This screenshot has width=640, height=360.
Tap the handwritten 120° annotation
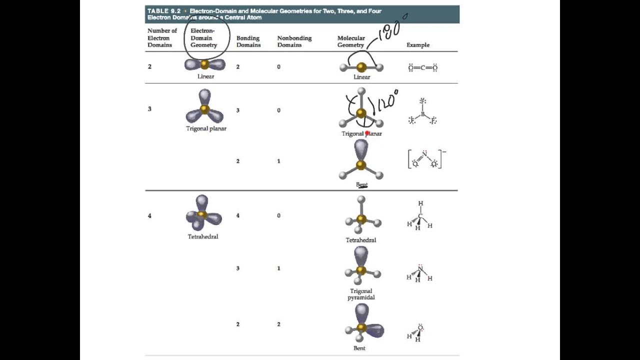[387, 101]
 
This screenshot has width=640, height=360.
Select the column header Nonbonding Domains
[294, 41]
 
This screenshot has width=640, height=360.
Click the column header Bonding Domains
[248, 41]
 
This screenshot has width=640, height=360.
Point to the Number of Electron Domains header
[162, 38]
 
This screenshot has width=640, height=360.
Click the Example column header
[417, 45]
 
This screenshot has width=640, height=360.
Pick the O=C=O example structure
[422, 68]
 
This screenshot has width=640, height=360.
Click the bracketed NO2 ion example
[425, 159]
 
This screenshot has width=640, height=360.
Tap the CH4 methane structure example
[420, 216]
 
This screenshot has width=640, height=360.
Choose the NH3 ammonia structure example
[419, 273]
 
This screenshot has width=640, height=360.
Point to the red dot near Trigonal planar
[367, 133]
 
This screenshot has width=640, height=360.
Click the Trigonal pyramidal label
[361, 294]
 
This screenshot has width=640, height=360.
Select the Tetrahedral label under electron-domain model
[203, 236]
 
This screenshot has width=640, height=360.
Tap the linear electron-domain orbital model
[205, 64]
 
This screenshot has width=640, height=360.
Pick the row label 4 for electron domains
[149, 216]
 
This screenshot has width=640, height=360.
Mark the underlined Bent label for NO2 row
[361, 184]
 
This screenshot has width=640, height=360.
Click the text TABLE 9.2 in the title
[164, 11]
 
